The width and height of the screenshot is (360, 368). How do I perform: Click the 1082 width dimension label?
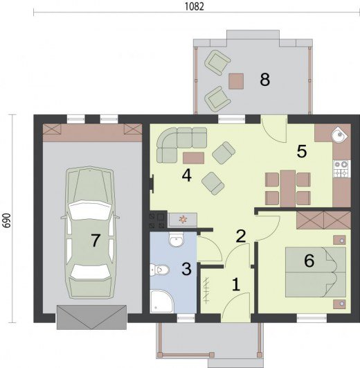(195, 6)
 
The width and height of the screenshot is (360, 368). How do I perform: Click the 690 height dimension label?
(7, 220)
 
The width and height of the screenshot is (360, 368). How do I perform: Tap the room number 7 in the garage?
(96, 240)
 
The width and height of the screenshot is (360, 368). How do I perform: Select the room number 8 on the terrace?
(265, 79)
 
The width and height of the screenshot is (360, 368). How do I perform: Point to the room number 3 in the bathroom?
(186, 269)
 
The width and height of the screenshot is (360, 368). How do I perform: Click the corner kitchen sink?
(339, 134)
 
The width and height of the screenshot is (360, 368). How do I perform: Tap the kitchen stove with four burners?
(342, 168)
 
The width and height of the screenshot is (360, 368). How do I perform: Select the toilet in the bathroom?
(159, 270)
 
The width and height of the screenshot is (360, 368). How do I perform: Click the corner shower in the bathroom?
(162, 301)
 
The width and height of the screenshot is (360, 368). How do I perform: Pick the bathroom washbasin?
(177, 239)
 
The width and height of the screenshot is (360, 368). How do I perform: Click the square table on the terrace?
(236, 81)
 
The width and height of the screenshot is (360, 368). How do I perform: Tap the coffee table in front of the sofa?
(193, 158)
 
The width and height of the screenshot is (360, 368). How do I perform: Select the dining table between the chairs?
(288, 189)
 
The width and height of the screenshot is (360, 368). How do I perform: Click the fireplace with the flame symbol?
(183, 220)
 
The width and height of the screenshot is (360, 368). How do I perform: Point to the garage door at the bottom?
(91, 317)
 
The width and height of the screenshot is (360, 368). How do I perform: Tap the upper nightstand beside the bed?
(339, 240)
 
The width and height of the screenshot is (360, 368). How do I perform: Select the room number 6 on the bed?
(309, 261)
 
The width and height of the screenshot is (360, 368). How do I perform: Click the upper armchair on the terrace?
(217, 62)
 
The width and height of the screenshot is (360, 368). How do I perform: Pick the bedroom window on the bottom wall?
(312, 319)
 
